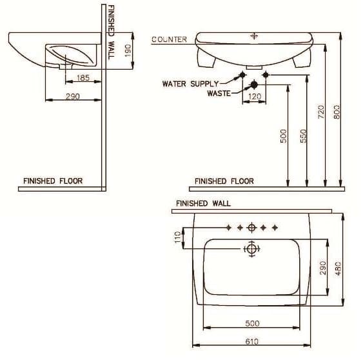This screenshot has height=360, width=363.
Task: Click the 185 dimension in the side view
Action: coord(83,78)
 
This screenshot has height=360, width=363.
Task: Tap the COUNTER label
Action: coord(169,39)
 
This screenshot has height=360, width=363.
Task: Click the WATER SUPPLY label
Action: coord(190,83)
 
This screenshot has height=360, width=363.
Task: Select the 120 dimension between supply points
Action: coord(255,97)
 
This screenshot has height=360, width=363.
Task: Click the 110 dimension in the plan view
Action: coord(179,237)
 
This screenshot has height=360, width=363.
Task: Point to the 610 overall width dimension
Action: coord(252,341)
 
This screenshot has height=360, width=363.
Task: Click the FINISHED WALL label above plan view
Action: coord(202,204)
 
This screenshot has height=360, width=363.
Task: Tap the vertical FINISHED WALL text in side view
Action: coord(110,32)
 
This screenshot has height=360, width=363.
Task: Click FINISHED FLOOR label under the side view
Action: coord(53,181)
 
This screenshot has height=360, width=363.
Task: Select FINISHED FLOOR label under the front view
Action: coord(224,181)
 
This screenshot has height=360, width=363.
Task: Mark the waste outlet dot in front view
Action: coord(254,85)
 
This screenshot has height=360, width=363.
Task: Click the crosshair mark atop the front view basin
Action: coord(254,35)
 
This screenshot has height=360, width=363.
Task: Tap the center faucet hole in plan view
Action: coord(251,228)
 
